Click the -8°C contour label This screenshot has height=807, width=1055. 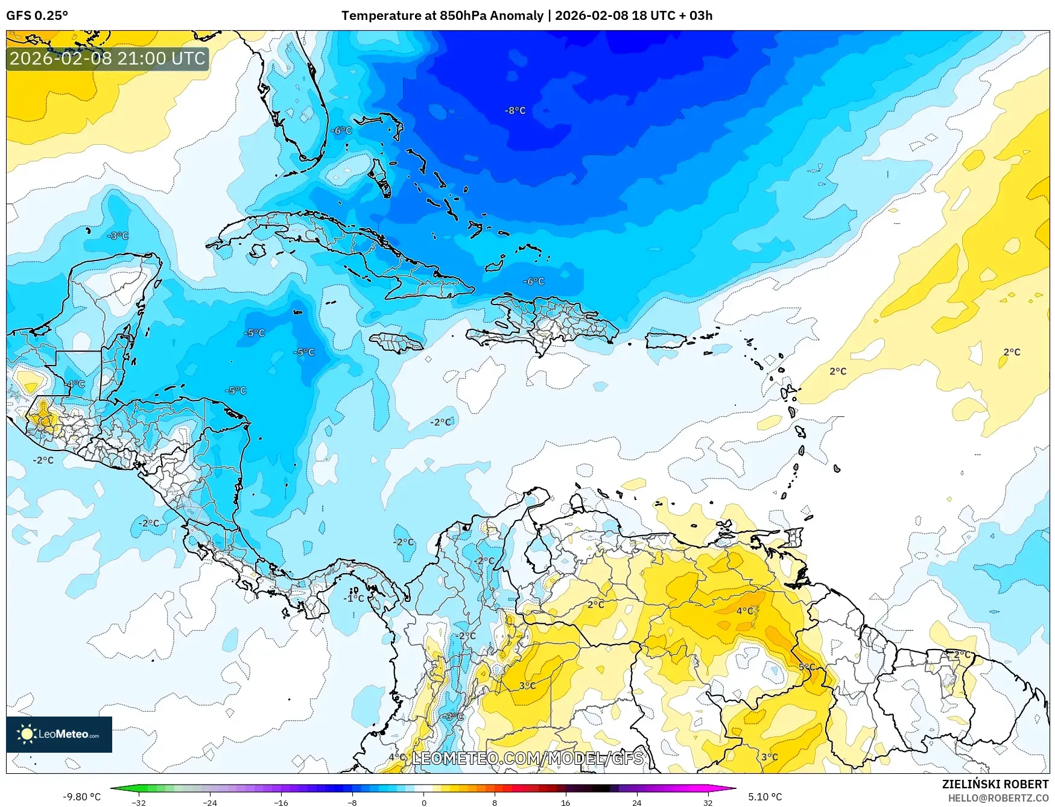[x=515, y=110]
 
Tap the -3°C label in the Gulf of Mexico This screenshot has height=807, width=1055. [x=118, y=236]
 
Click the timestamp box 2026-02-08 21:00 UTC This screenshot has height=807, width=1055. [x=107, y=59]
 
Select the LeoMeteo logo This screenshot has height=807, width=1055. [x=59, y=734]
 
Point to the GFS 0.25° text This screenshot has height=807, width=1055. [x=37, y=16]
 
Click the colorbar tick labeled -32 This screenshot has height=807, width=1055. [x=139, y=802]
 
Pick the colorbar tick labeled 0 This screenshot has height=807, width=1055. [x=423, y=802]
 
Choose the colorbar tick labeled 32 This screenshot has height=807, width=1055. [x=708, y=802]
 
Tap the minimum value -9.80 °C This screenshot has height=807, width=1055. [x=82, y=797]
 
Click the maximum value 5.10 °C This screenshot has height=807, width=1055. [x=765, y=797]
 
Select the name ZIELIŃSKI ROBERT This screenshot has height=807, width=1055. [x=995, y=784]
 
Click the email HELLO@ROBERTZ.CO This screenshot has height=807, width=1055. [x=998, y=798]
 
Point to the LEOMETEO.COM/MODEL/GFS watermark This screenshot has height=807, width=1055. [x=527, y=758]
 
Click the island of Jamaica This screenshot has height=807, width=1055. [x=396, y=343]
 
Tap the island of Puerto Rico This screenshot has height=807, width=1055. [x=666, y=340]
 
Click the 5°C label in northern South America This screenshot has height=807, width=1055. [x=806, y=667]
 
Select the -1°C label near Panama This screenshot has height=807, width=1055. [x=354, y=598]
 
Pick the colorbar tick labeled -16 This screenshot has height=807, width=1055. [x=281, y=802]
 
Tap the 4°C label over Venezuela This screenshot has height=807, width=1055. [x=744, y=611]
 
